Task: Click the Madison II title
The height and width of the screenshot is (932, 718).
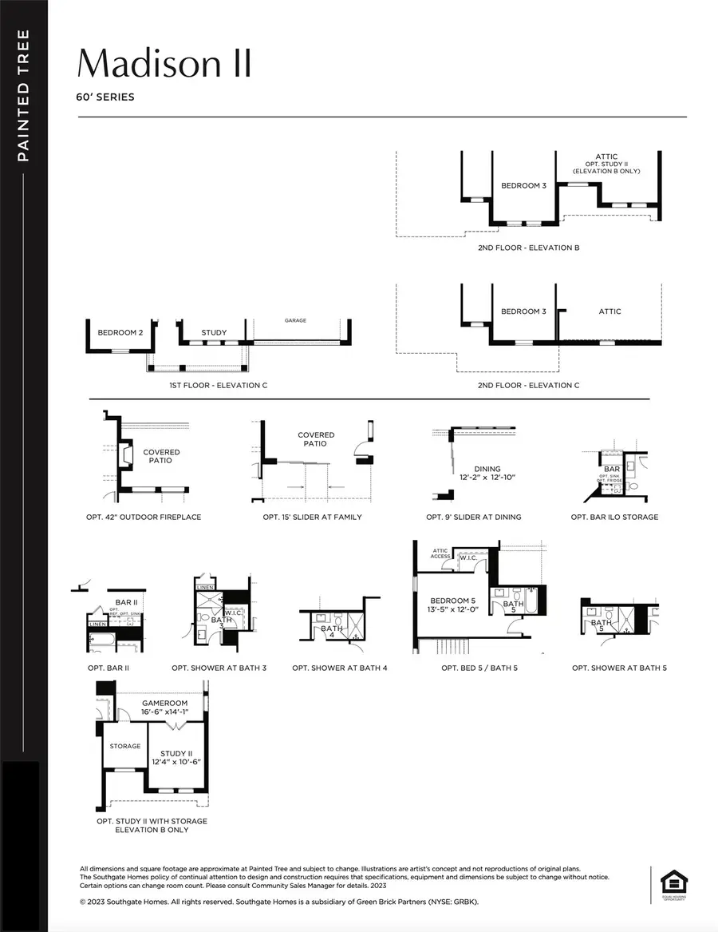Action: (164, 62)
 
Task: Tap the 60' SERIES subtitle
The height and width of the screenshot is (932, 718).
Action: (105, 97)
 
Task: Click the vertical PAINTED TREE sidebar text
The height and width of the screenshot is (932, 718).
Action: (23, 96)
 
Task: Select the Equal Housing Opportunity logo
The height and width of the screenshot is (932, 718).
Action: (670, 882)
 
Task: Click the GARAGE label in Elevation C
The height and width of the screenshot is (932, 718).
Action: (295, 320)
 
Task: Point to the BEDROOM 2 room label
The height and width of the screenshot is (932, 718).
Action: (120, 332)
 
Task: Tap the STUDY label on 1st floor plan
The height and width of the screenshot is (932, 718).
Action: (214, 332)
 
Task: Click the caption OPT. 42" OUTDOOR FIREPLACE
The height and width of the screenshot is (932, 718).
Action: (144, 517)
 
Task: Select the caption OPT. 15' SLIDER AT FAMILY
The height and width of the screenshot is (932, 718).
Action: (312, 517)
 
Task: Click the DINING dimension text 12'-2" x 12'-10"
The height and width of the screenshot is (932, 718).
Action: (487, 477)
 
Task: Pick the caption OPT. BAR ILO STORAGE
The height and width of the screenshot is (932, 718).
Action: (614, 517)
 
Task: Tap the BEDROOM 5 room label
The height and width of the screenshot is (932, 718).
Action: (452, 601)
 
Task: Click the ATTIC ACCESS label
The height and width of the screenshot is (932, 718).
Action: (440, 553)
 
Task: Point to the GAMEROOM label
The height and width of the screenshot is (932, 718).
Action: (164, 704)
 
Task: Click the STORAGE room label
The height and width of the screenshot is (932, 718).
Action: (125, 746)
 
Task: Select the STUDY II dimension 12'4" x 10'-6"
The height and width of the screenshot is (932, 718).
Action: (176, 762)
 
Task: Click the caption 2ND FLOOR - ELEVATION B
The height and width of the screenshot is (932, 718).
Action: (528, 248)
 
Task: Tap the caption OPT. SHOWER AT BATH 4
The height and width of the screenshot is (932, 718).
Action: (340, 668)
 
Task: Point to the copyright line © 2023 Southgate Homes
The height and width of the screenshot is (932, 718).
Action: (279, 902)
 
